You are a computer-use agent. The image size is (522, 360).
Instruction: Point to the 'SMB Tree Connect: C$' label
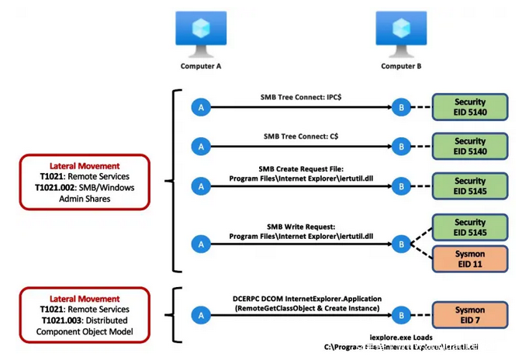tap(299, 136)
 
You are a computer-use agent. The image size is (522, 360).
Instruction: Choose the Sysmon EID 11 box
tap(470, 258)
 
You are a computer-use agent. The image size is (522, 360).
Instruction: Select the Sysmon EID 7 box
tap(470, 315)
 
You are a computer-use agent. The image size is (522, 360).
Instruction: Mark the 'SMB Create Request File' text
tap(299, 168)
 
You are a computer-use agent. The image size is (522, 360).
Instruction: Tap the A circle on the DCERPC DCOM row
tap(201, 315)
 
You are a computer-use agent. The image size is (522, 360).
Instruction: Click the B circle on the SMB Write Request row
tap(400, 244)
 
